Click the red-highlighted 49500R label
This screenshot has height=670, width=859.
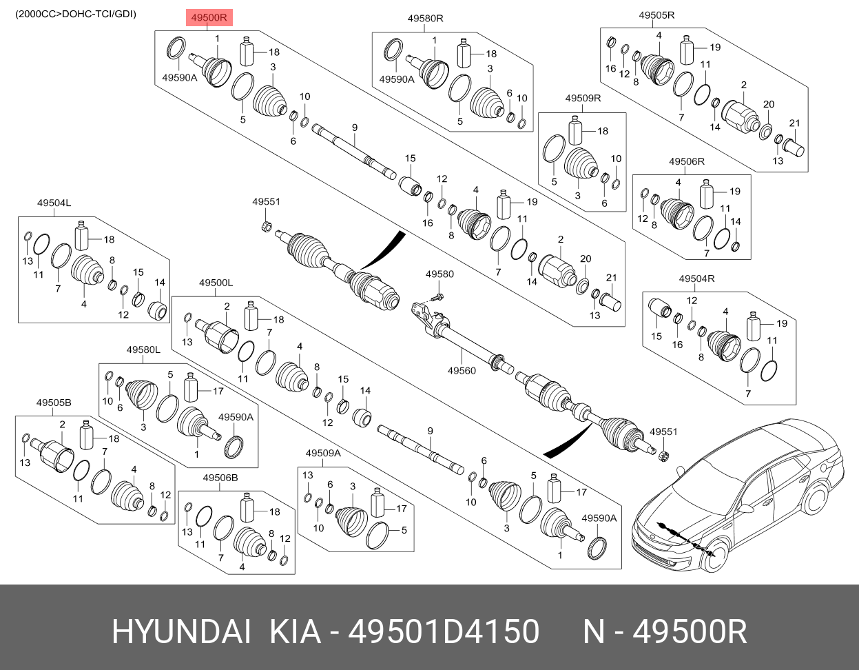[x=209, y=19]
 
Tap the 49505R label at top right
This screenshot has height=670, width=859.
[x=656, y=15]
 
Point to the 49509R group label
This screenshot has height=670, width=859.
[x=583, y=99]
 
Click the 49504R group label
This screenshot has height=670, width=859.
[x=696, y=278]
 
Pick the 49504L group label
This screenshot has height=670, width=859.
[x=54, y=203]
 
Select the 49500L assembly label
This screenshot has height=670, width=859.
[x=216, y=283]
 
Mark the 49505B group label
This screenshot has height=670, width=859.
[x=54, y=402]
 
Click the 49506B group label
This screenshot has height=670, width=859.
[x=220, y=478]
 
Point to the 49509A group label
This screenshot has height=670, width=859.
[x=323, y=453]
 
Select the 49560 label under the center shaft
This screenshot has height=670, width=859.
[x=461, y=371]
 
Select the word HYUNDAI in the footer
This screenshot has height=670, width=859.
[x=180, y=631]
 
